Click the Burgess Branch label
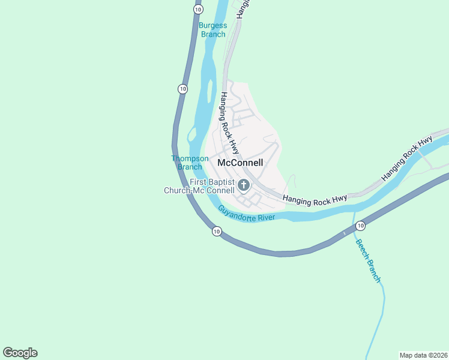pyautogui.click(x=213, y=30)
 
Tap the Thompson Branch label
pyautogui.click(x=190, y=163)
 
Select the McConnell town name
pyautogui.click(x=240, y=163)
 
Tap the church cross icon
pyautogui.click(x=244, y=185)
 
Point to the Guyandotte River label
pyautogui.click(x=246, y=214)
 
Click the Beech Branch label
pyautogui.click(x=368, y=260)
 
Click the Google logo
pyautogui.click(x=20, y=353)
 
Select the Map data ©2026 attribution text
pyautogui.click(x=423, y=355)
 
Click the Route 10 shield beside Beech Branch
pyautogui.click(x=360, y=226)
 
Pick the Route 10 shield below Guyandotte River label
pyautogui.click(x=216, y=231)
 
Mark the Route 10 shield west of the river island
pyautogui.click(x=182, y=89)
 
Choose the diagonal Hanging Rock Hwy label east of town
pyautogui.click(x=406, y=160)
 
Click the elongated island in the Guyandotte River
pyautogui.click(x=209, y=92)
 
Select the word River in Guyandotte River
pyautogui.click(x=264, y=216)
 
